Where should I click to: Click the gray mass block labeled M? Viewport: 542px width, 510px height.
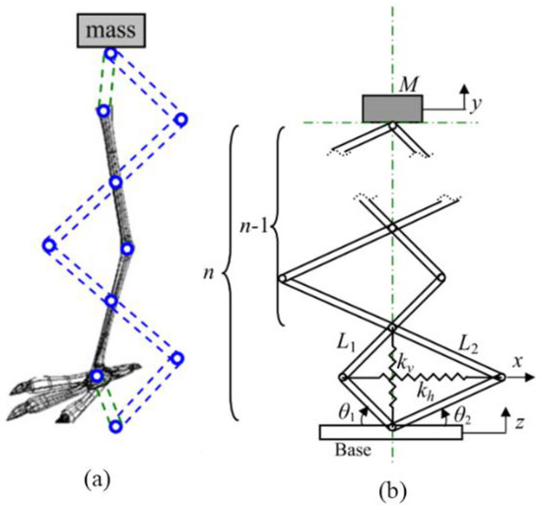click(390, 109)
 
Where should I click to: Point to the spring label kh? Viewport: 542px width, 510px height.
click(426, 393)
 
